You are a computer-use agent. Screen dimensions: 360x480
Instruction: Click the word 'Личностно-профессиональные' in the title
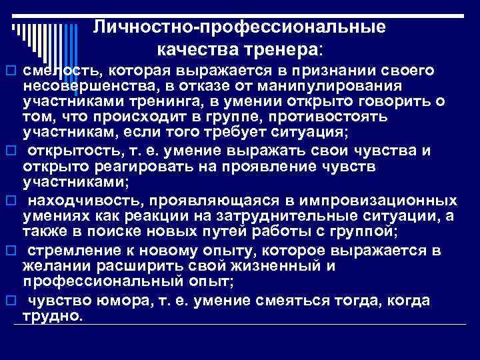239,27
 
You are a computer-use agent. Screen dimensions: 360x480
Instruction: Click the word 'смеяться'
301,301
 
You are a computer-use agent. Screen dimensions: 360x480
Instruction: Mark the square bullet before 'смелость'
9,71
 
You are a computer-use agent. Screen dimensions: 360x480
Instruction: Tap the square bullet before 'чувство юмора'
9,301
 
